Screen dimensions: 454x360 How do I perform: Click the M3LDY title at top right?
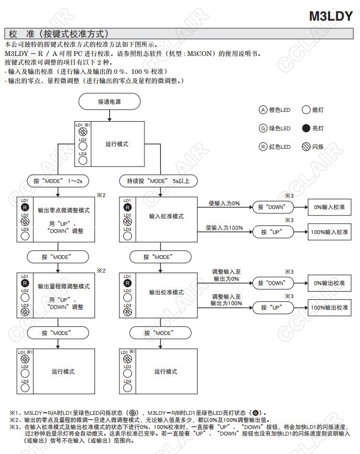coord(331,16)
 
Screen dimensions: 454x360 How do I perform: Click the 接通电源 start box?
coord(110,102)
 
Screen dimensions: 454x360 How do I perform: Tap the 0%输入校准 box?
coord(329,207)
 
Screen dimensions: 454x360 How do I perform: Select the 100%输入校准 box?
coord(329,231)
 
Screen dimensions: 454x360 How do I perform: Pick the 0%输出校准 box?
coord(329,283)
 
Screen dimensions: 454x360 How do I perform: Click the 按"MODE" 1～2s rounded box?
coord(58,180)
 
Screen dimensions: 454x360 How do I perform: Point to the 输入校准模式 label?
coord(166,216)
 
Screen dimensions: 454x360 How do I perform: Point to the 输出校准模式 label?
coord(166,292)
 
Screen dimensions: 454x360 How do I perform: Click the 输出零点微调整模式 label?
coord(63,209)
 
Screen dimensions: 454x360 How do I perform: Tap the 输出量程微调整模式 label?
coord(64,286)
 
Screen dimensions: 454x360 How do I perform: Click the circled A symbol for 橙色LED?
coord(263,110)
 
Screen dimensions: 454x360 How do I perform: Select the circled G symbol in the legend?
coord(263,129)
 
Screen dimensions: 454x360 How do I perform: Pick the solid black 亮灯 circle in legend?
coord(306,129)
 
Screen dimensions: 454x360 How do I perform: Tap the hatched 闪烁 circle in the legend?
coord(306,147)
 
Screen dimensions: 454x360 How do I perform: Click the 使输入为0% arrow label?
coord(224,203)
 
